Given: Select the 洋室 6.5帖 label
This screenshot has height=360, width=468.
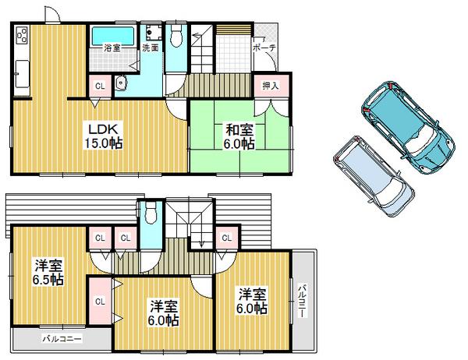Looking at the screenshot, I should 48,272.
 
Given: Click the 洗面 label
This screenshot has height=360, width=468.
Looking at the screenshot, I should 150,48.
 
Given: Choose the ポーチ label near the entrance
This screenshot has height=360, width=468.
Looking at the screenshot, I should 262,48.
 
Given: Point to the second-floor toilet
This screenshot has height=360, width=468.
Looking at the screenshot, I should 151,213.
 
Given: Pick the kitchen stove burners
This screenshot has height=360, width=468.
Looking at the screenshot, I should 19,35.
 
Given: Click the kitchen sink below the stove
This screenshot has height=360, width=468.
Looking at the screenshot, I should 19,76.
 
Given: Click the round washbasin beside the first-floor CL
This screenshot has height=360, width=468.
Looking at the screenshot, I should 119,84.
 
